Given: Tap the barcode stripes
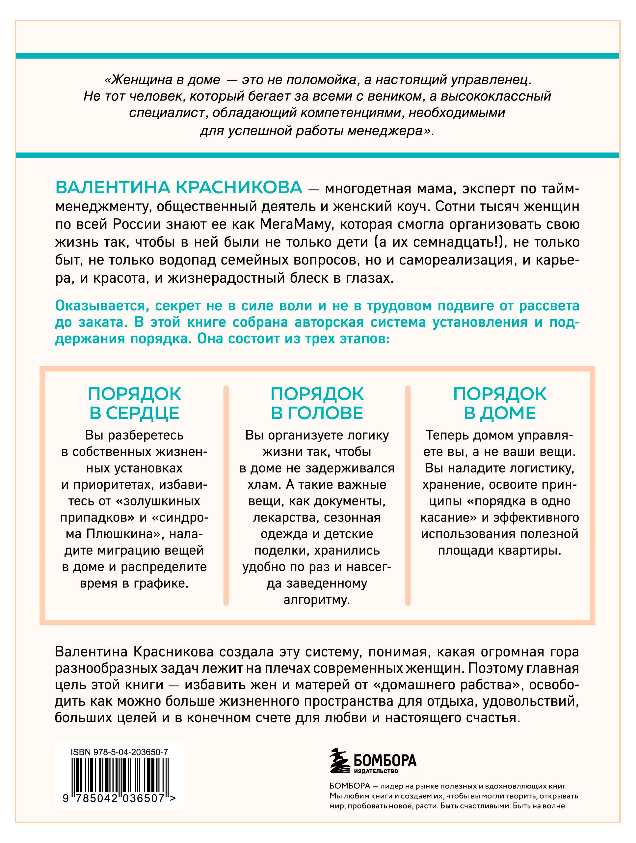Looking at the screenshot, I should (120, 776).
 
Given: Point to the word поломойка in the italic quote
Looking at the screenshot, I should (321, 80).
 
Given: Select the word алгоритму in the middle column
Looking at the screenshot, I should (316, 600).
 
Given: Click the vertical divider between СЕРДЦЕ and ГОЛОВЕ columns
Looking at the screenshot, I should (226, 496).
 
